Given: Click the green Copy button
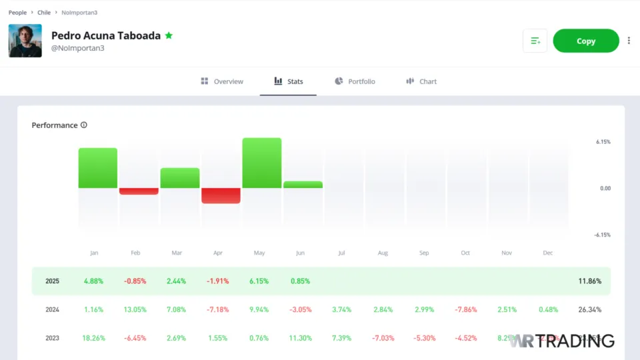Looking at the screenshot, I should click(586, 41).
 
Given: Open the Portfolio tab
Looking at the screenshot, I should click(355, 81).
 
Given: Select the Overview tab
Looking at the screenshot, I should click(222, 81).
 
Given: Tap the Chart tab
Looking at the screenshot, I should click(421, 81).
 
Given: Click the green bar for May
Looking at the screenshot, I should click(261, 163).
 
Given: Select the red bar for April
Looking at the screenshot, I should click(221, 195).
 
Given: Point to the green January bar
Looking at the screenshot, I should click(98, 168).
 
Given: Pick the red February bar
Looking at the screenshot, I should click(139, 191).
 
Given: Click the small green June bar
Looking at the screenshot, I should click(303, 185).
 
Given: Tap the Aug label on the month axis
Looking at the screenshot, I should click(383, 253).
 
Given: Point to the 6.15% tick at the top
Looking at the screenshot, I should click(603, 142).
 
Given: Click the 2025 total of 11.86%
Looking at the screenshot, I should click(589, 281).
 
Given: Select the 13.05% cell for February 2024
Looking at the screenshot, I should click(135, 310).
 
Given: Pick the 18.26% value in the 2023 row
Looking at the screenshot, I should click(94, 338).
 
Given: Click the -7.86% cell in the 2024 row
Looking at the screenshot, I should click(465, 310).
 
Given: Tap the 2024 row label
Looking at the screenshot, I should click(53, 310).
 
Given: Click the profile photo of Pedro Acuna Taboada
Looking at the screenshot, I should click(25, 41).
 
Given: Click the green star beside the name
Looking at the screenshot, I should click(169, 35).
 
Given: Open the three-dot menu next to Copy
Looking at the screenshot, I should click(629, 41).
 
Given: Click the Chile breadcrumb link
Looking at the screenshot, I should click(44, 13).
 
